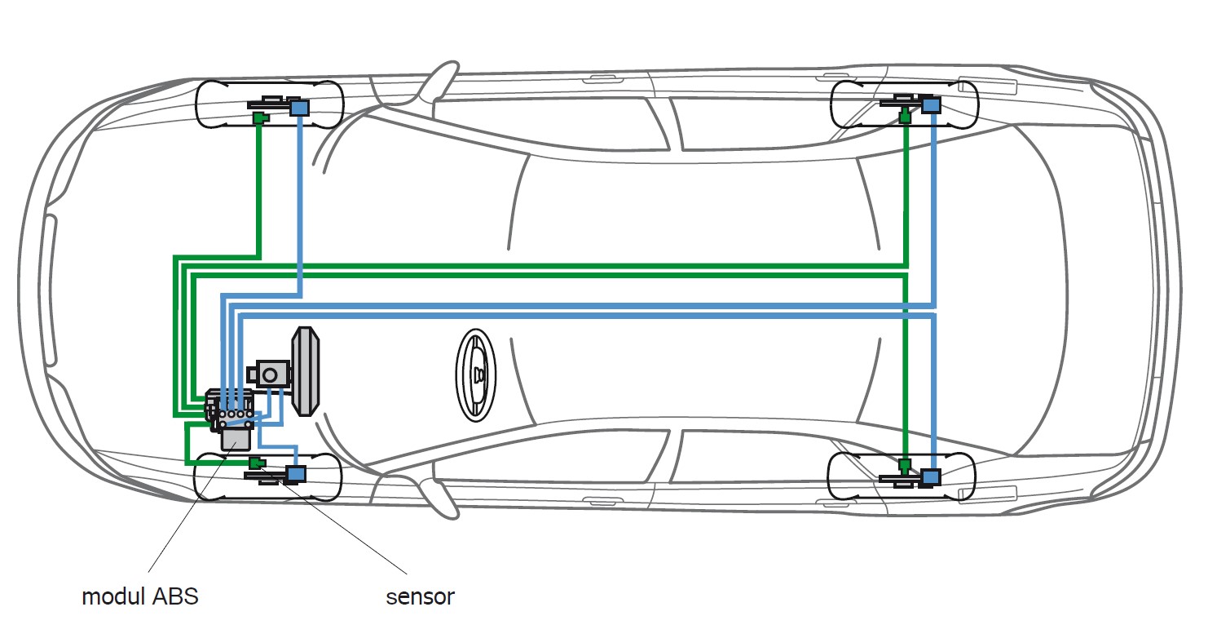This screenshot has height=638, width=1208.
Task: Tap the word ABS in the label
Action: click(x=175, y=596)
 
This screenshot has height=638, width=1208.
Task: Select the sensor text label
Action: click(x=420, y=597)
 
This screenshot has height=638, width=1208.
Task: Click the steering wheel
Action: click(x=476, y=375)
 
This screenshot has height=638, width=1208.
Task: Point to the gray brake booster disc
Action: click(x=305, y=371)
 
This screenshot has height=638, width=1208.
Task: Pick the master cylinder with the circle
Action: click(x=269, y=374)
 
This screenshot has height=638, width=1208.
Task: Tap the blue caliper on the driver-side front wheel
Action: click(x=296, y=475)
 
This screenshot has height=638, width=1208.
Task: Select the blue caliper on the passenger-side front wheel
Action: click(x=300, y=108)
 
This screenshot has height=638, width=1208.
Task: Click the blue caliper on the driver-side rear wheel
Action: click(x=931, y=478)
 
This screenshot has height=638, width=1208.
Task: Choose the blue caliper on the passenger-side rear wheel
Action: click(x=931, y=104)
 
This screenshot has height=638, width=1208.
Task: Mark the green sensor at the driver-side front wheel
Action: click(x=258, y=463)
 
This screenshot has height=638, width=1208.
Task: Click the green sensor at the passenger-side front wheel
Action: click(x=261, y=117)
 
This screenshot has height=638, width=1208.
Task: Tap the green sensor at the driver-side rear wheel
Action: click(x=905, y=466)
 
